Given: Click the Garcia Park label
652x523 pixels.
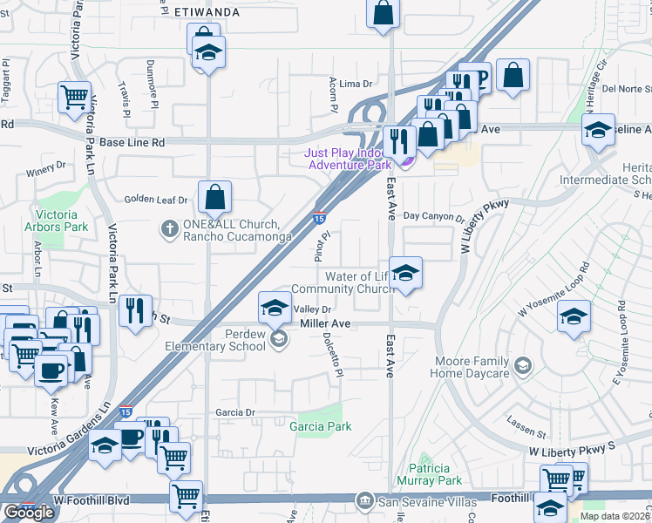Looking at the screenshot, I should [x=320, y=426].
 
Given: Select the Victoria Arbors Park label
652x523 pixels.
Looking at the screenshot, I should [x=63, y=221].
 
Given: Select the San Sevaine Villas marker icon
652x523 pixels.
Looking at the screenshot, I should [x=365, y=501].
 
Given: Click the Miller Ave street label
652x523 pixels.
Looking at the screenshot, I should [x=324, y=323].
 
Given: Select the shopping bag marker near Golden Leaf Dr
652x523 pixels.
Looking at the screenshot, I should [x=214, y=200].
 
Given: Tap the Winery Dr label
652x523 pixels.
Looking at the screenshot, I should [x=46, y=170].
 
